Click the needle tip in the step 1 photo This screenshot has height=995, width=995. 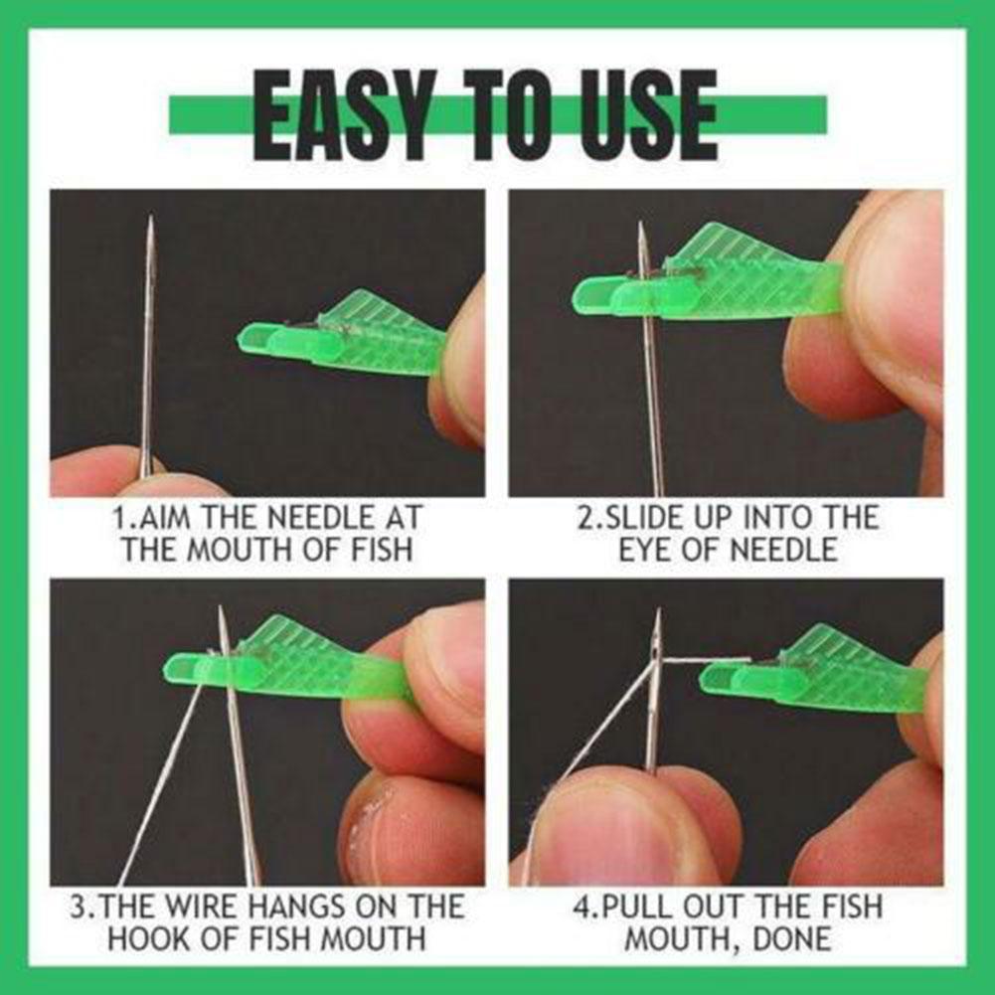pos(150,221)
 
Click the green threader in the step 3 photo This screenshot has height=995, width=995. pos(288,661)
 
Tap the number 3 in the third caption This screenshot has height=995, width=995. pos(78,907)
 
